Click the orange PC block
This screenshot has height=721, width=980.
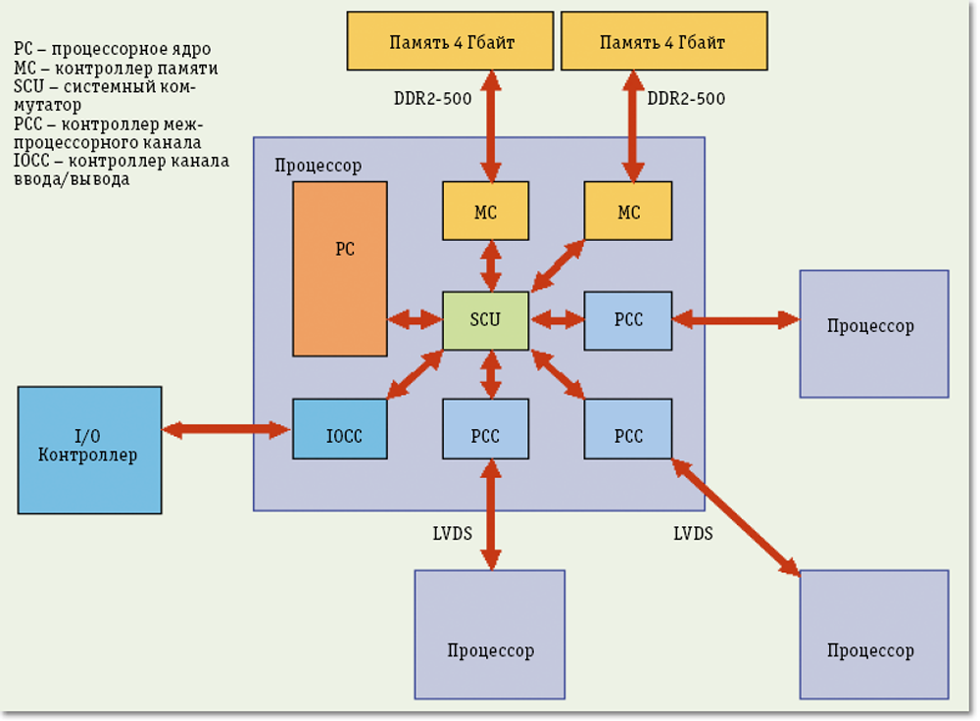tap(339, 268)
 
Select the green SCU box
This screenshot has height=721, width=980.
tap(485, 320)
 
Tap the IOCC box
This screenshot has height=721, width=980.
tap(339, 429)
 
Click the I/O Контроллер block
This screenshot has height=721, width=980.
tap(89, 450)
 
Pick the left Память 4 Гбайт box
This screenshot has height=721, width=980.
tap(451, 42)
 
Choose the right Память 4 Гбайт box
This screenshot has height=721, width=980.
tap(662, 42)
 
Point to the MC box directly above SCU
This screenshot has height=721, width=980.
tap(485, 211)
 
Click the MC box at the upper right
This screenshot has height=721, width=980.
tap(628, 211)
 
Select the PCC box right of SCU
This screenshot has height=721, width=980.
tap(628, 320)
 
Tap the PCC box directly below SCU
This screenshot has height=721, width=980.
tap(485, 429)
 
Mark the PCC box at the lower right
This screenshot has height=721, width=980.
tap(628, 429)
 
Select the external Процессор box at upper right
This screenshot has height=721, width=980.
tap(873, 333)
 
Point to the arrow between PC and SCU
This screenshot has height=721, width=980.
tap(415, 319)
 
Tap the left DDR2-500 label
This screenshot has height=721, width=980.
tap(432, 99)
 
